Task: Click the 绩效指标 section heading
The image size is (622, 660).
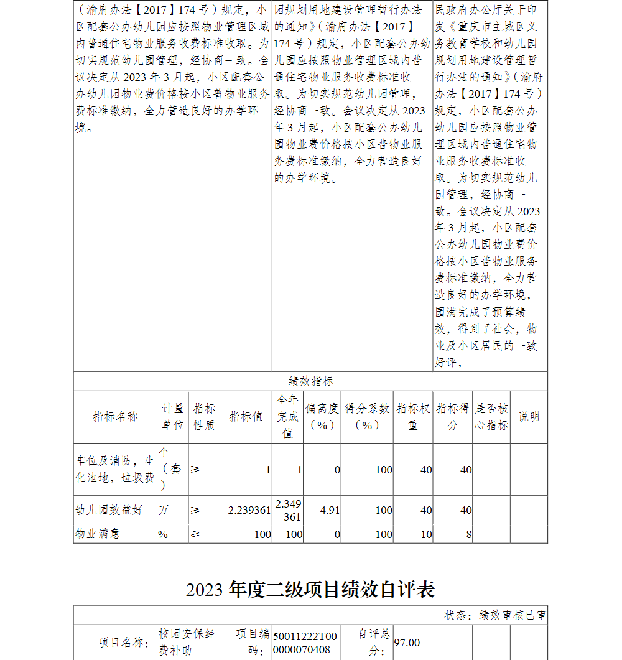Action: (310, 381)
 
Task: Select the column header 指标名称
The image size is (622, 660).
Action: (115, 417)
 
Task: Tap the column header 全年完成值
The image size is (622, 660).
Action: (287, 416)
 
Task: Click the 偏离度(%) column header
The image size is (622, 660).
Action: (322, 417)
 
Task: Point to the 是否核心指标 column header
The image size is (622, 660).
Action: (491, 417)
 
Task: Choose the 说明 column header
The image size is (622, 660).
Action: (529, 417)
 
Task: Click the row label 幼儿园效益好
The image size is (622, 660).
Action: (109, 510)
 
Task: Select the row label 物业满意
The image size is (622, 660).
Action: (98, 534)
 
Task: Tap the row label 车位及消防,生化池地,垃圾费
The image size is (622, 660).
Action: (115, 469)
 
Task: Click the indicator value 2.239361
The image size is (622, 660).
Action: (249, 510)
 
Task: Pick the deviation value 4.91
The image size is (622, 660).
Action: (330, 510)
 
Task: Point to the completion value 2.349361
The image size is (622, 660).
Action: (288, 510)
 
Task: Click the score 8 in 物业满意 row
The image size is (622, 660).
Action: (468, 534)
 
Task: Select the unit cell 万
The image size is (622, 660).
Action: (164, 510)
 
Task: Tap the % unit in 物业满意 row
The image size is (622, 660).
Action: (163, 534)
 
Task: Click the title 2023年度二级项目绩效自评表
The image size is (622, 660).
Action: (310, 589)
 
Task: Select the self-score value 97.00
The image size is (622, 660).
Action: (407, 643)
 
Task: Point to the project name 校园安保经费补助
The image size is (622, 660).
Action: (187, 642)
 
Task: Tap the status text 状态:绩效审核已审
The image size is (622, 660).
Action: (495, 615)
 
